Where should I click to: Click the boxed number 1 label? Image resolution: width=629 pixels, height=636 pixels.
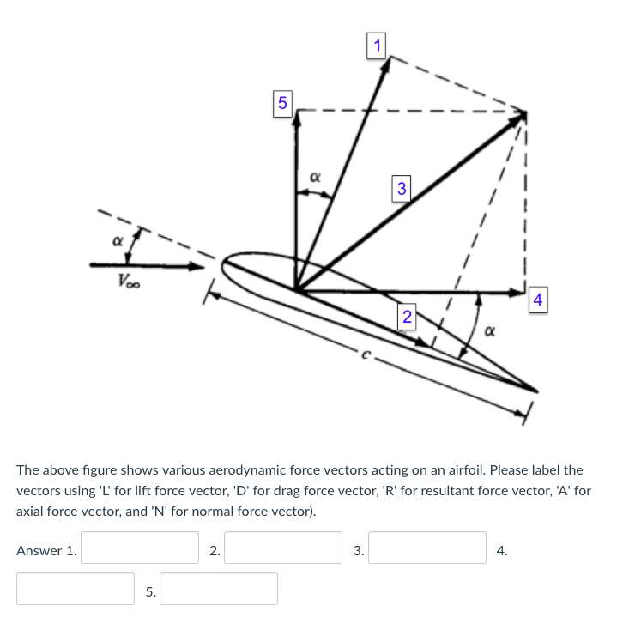point(375,45)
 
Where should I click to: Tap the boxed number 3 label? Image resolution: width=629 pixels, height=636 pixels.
point(401,187)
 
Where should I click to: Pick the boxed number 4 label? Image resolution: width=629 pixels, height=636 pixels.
point(537,300)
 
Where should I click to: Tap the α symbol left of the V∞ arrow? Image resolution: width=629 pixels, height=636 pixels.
point(116,243)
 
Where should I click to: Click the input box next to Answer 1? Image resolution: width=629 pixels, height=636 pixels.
point(140,548)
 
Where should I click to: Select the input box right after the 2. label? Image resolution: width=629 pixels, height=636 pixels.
point(283,548)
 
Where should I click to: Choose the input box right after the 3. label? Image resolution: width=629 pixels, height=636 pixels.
point(426,548)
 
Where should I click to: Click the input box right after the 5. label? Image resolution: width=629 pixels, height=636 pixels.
point(218,589)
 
